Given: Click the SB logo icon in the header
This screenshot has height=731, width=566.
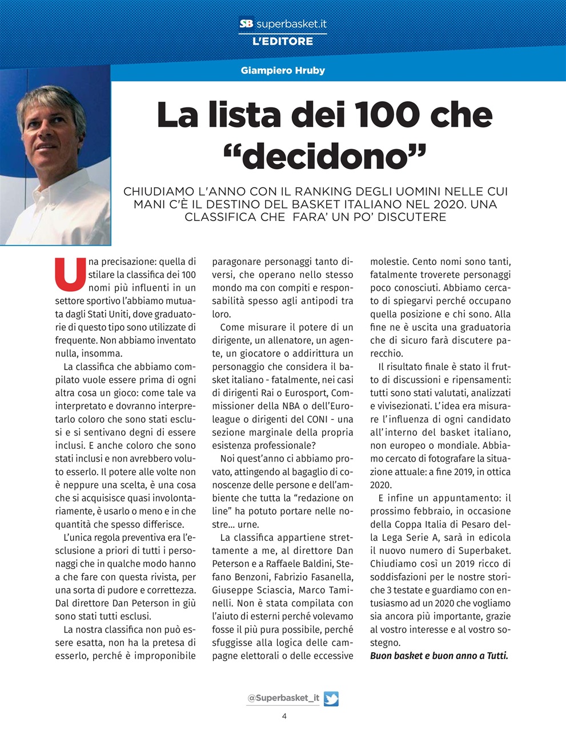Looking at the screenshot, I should click(246, 24).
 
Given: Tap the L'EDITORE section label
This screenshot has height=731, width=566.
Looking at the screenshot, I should click(283, 41).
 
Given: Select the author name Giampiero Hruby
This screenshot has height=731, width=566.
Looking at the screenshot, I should click(283, 71).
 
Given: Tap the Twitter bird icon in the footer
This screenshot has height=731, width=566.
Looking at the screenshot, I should click(331, 698).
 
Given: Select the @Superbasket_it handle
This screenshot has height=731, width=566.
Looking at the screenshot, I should click(283, 698).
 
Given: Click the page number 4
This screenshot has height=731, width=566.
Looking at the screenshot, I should click(284, 716).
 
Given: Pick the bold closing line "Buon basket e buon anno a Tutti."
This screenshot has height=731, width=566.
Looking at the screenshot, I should click(439, 656).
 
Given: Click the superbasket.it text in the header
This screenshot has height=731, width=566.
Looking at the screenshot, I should click(291, 24).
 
